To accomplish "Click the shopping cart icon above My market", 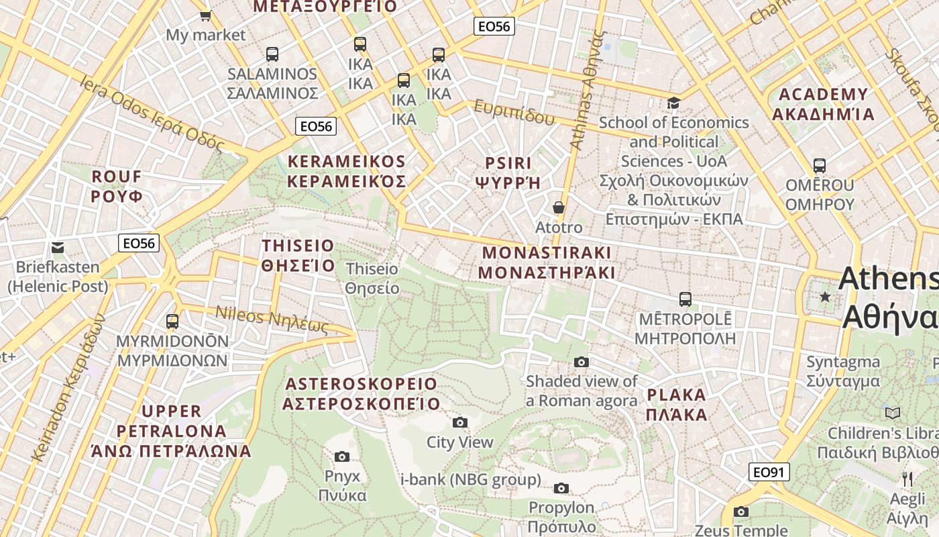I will pyautogui.click(x=205, y=15).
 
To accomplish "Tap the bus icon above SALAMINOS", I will pyautogui.click(x=272, y=54).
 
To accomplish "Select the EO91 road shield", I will pyautogui.click(x=769, y=472).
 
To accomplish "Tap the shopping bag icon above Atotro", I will pyautogui.click(x=558, y=207).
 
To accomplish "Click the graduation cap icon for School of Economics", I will pyautogui.click(x=673, y=103).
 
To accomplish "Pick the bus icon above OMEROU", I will pyautogui.click(x=819, y=165).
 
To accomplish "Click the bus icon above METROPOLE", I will pyautogui.click(x=685, y=299).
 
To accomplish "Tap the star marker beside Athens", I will pyautogui.click(x=825, y=296).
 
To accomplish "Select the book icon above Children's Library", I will pyautogui.click(x=893, y=413).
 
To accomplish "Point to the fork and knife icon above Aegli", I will pyautogui.click(x=907, y=479).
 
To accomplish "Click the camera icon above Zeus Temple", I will pyautogui.click(x=741, y=511).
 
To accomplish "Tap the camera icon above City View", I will pyautogui.click(x=459, y=422).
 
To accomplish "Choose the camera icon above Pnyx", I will pyautogui.click(x=342, y=457).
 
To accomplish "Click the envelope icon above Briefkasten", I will pyautogui.click(x=58, y=247).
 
